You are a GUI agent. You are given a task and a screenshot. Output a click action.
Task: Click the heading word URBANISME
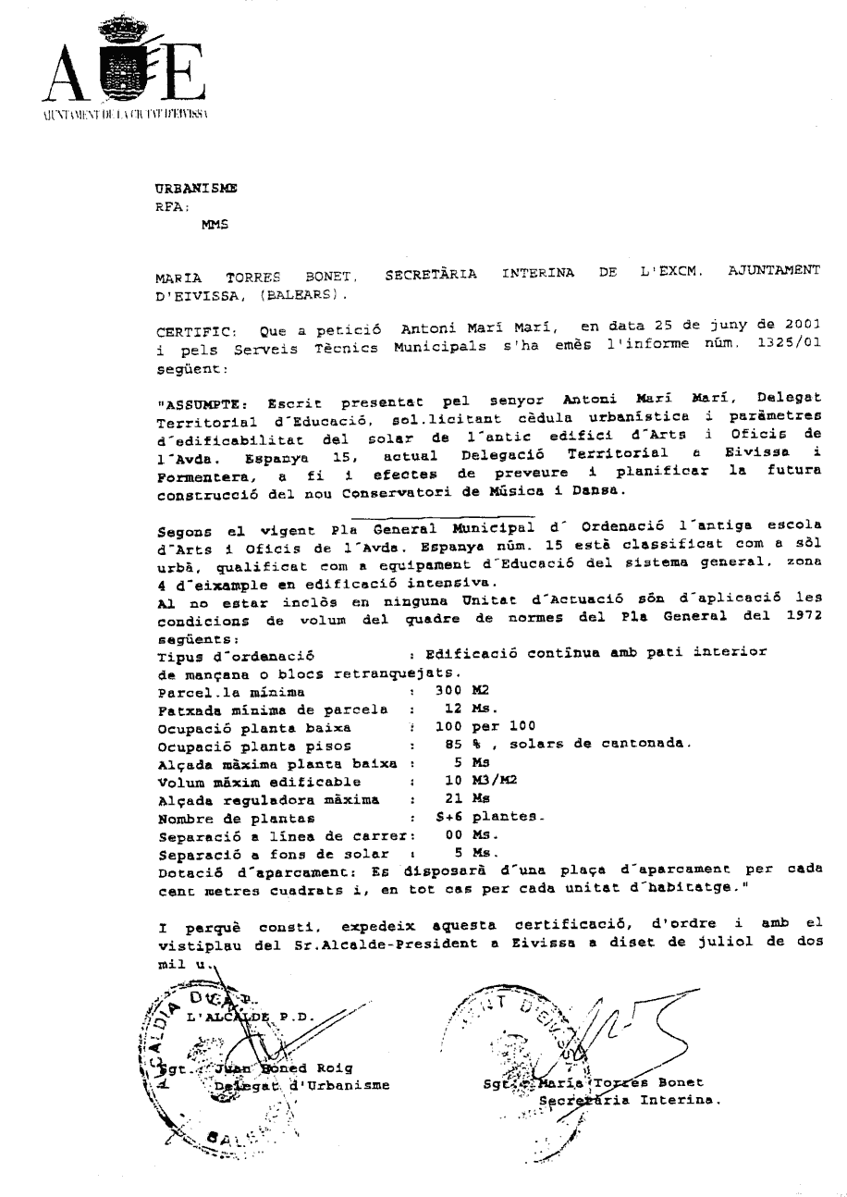pos(196,187)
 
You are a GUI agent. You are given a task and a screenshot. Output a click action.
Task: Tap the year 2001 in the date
pos(798,327)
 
